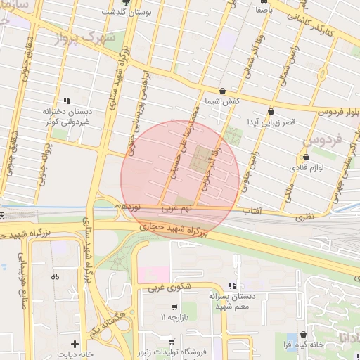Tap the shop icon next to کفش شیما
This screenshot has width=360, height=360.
click(x=223, y=91)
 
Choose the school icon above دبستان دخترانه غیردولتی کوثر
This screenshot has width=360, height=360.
click(x=67, y=101)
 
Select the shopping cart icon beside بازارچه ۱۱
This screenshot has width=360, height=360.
click(x=174, y=308)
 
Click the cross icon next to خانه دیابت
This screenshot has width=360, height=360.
click(x=75, y=344)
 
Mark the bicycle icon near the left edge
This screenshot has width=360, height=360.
click(x=55, y=276)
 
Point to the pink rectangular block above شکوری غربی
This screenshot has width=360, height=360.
click(x=154, y=273)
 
